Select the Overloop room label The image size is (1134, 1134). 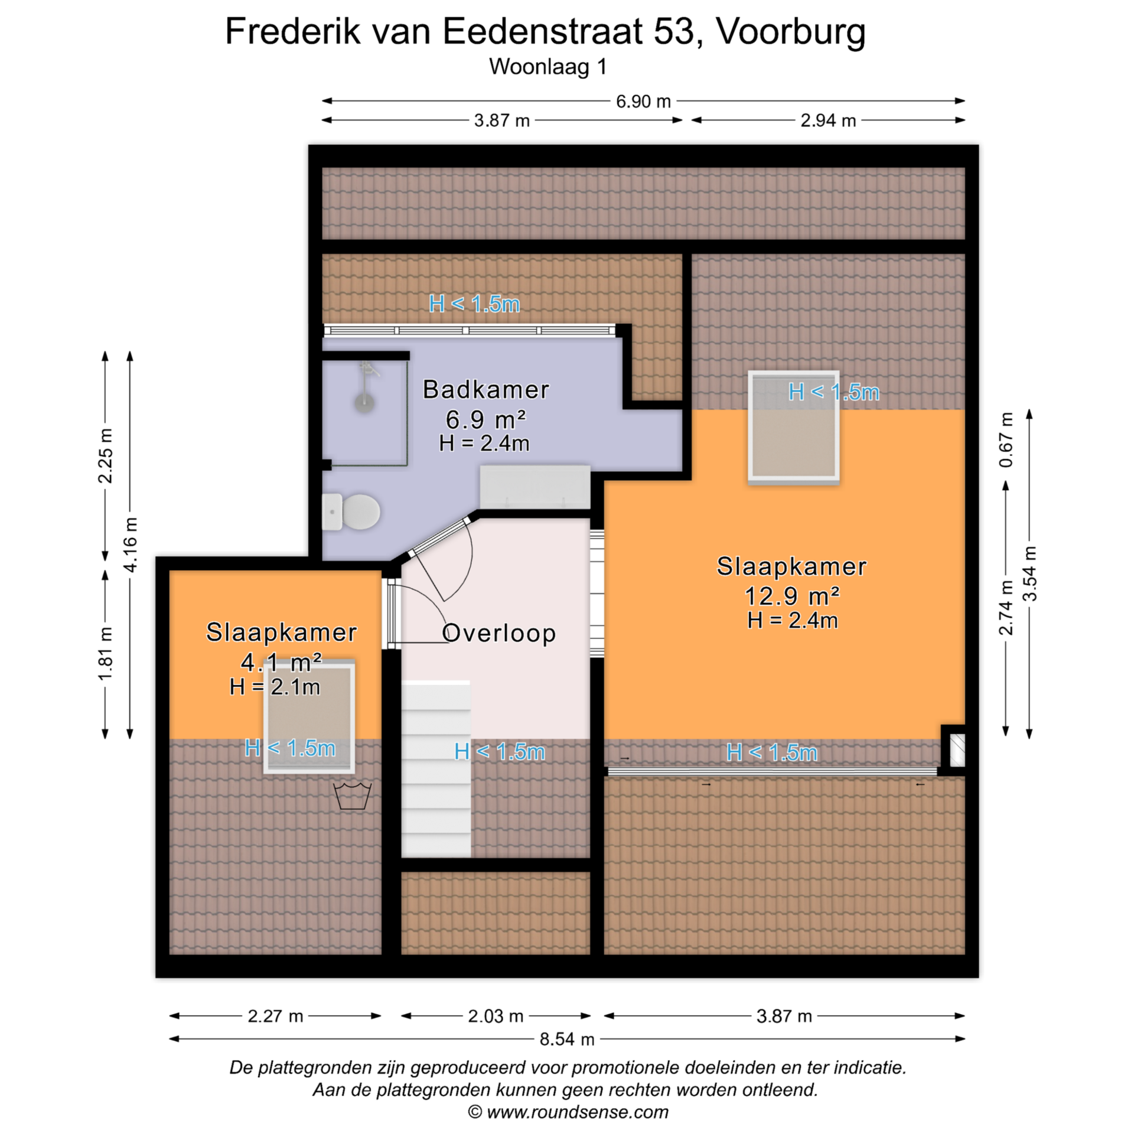pos(498,633)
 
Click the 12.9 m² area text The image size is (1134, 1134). pos(791,596)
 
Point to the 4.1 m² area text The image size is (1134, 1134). pos(281,662)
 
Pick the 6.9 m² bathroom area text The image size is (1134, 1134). pos(485,419)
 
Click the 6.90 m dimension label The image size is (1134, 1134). pos(643,102)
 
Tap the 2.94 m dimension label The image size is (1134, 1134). pos(828,120)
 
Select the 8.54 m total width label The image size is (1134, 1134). pos(567,1055)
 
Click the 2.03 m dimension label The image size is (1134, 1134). pos(496,1032)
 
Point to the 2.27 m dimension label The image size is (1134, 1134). pos(275,1032)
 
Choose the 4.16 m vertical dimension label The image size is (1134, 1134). pos(131,545)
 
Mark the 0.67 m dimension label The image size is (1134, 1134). pos(1006,439)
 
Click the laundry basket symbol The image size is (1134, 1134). pos(353,796)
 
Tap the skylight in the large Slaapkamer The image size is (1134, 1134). pos(793,427)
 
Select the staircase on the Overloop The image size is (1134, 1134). pos(436,769)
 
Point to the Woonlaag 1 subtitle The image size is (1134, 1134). pos(548,67)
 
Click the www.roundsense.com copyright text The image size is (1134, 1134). pos(568,1112)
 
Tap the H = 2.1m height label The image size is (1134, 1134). pos(275,687)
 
